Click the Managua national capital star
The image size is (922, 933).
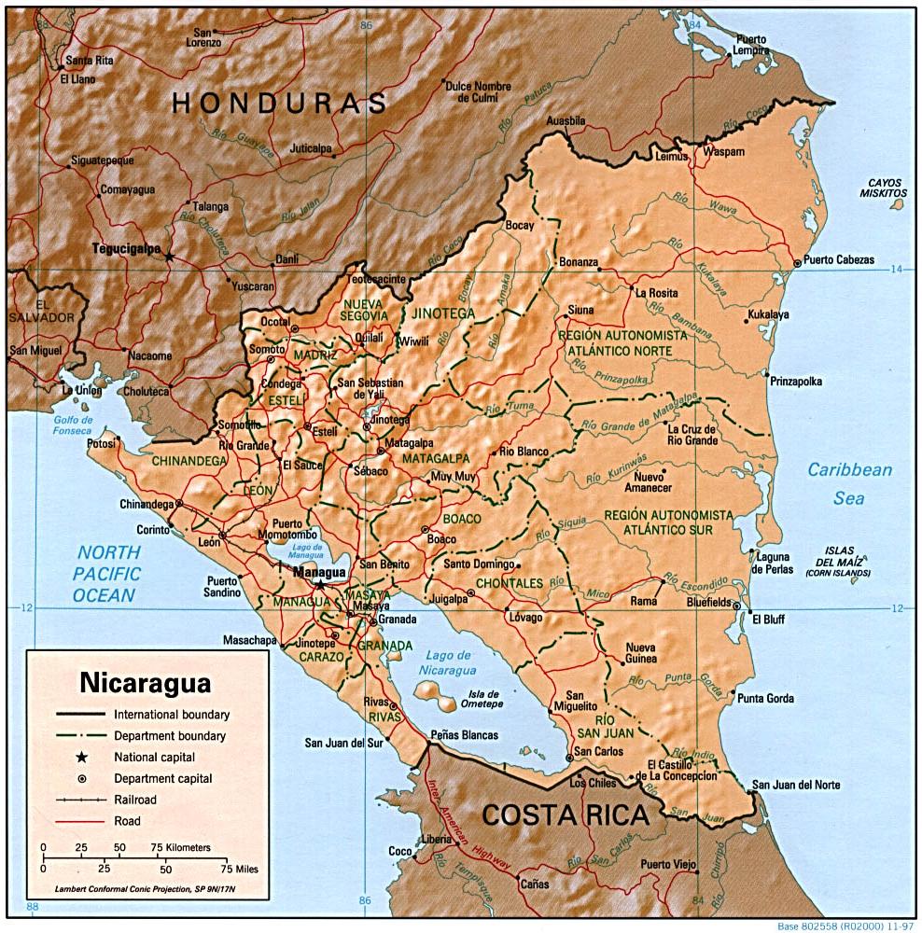tap(320, 583)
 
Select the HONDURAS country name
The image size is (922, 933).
tap(279, 104)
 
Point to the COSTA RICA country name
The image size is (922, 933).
tap(566, 815)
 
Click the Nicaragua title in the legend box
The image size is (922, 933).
tap(145, 682)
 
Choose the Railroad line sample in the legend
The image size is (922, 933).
tap(80, 800)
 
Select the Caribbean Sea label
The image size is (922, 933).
tap(849, 484)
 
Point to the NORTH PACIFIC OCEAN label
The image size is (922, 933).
tap(108, 573)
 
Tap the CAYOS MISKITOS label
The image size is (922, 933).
tap(887, 187)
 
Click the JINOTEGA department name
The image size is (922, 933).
tap(443, 313)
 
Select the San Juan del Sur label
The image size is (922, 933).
tap(343, 744)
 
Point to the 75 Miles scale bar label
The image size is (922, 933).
tap(235, 869)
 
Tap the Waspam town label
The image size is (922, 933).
tap(724, 151)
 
